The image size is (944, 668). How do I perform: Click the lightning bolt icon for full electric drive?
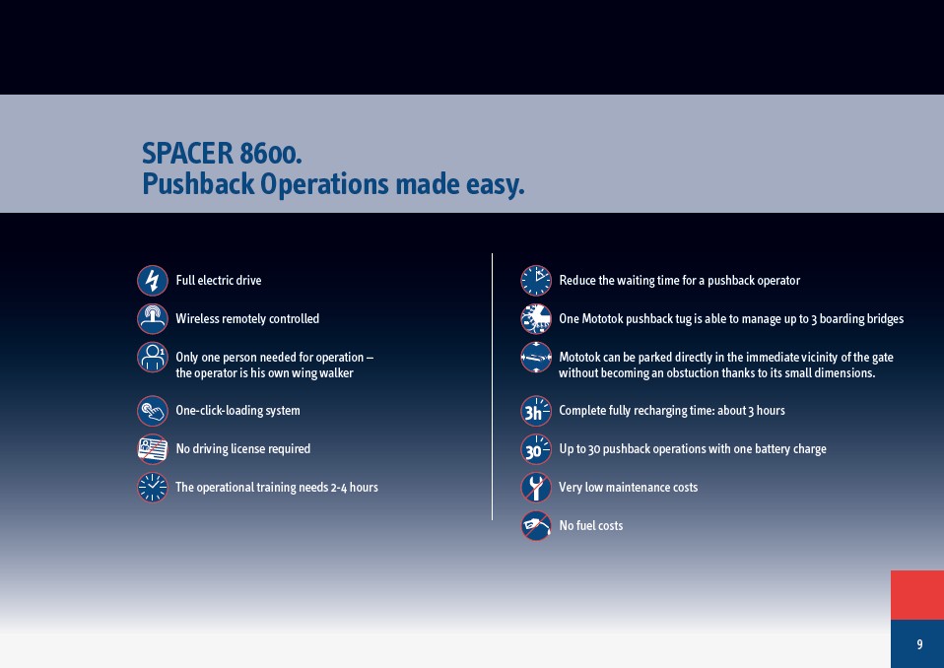pos(153,281)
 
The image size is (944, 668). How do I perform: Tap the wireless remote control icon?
pos(153,319)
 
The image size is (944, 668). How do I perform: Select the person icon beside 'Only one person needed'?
pos(153,358)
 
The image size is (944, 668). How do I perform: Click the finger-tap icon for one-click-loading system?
pos(153,411)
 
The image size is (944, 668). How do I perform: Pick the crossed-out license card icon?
pos(153,449)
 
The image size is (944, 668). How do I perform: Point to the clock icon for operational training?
pos(153,488)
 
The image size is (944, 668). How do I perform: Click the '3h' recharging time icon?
pos(536,411)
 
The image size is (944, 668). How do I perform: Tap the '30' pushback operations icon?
pos(536,449)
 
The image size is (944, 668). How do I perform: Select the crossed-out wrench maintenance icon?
pos(536,488)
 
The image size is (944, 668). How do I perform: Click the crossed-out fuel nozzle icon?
pos(536,526)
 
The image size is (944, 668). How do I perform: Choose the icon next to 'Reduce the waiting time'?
pos(536,281)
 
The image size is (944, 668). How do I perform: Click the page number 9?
pos(919,644)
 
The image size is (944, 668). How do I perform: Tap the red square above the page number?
pos(917,595)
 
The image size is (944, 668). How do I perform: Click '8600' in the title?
pos(270,154)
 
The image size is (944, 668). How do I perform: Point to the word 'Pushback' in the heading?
pos(198,183)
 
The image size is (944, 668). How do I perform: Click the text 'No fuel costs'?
pos(590,525)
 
